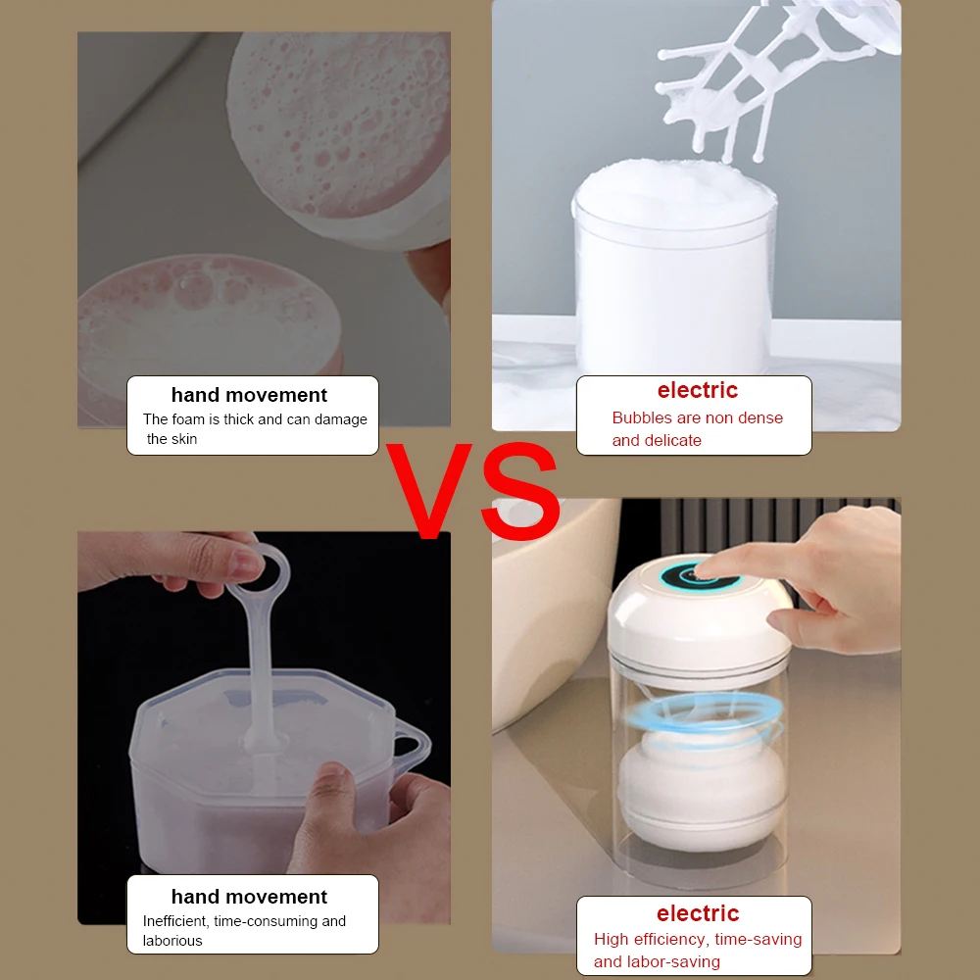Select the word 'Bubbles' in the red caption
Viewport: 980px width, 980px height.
point(642,417)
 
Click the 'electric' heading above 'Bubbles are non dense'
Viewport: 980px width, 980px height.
point(697,390)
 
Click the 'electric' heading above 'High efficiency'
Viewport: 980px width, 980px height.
point(697,913)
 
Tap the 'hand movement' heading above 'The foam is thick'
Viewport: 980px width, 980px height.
point(249,395)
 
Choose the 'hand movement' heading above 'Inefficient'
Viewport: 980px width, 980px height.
point(249,897)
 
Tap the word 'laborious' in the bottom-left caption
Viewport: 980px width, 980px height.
point(172,941)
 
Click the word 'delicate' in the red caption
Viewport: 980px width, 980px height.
point(671,440)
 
